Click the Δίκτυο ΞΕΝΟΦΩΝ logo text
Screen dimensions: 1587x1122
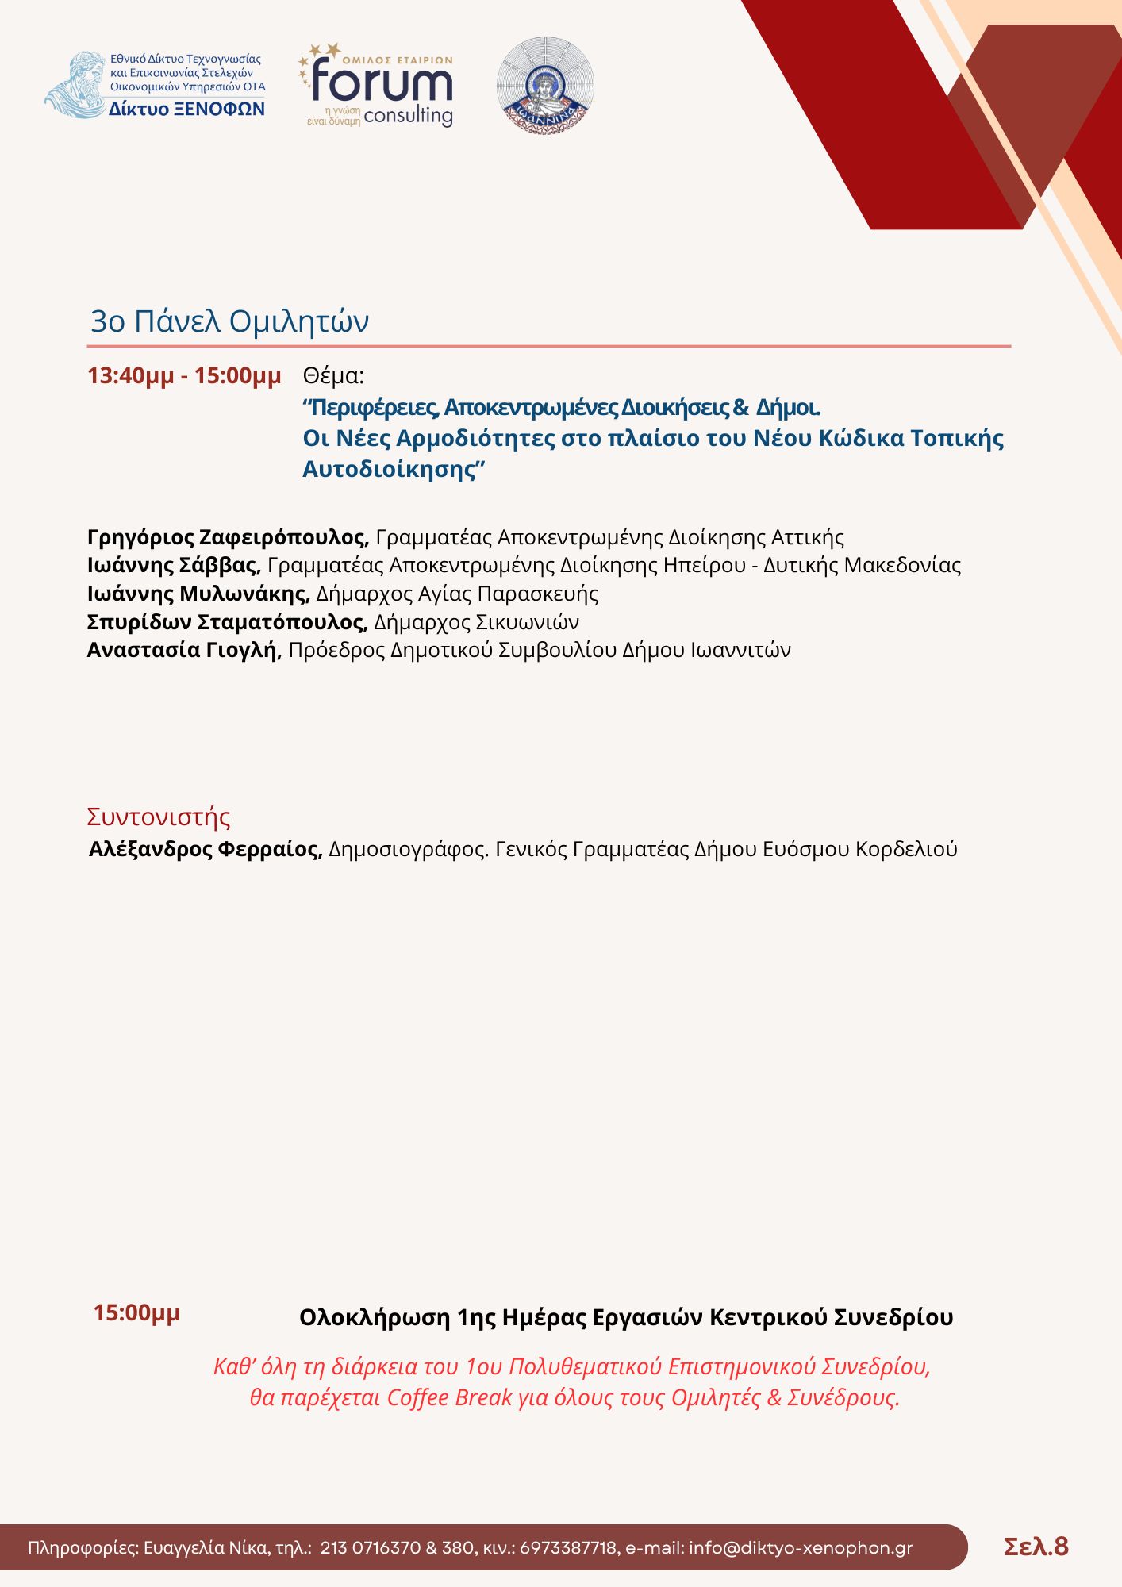click(x=187, y=110)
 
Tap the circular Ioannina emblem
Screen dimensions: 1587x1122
click(x=545, y=85)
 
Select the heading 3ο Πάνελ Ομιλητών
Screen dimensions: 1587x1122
click(x=229, y=321)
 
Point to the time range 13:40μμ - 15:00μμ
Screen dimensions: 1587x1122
click(x=184, y=375)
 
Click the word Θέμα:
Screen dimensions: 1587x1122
click(x=333, y=375)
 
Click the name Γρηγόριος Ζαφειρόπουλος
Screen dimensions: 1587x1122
click(x=228, y=537)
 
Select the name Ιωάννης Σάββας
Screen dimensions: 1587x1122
click(x=174, y=565)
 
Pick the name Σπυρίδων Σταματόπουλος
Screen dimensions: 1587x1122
click(x=227, y=621)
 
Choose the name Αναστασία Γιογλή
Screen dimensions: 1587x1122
click(x=184, y=650)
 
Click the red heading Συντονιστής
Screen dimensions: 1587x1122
click(x=159, y=817)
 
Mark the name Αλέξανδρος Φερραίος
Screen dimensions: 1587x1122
click(x=206, y=849)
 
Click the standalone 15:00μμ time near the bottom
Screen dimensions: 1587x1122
click(x=136, y=1312)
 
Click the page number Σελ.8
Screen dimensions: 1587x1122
click(x=1036, y=1547)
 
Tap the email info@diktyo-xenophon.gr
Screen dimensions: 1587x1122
click(x=801, y=1548)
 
